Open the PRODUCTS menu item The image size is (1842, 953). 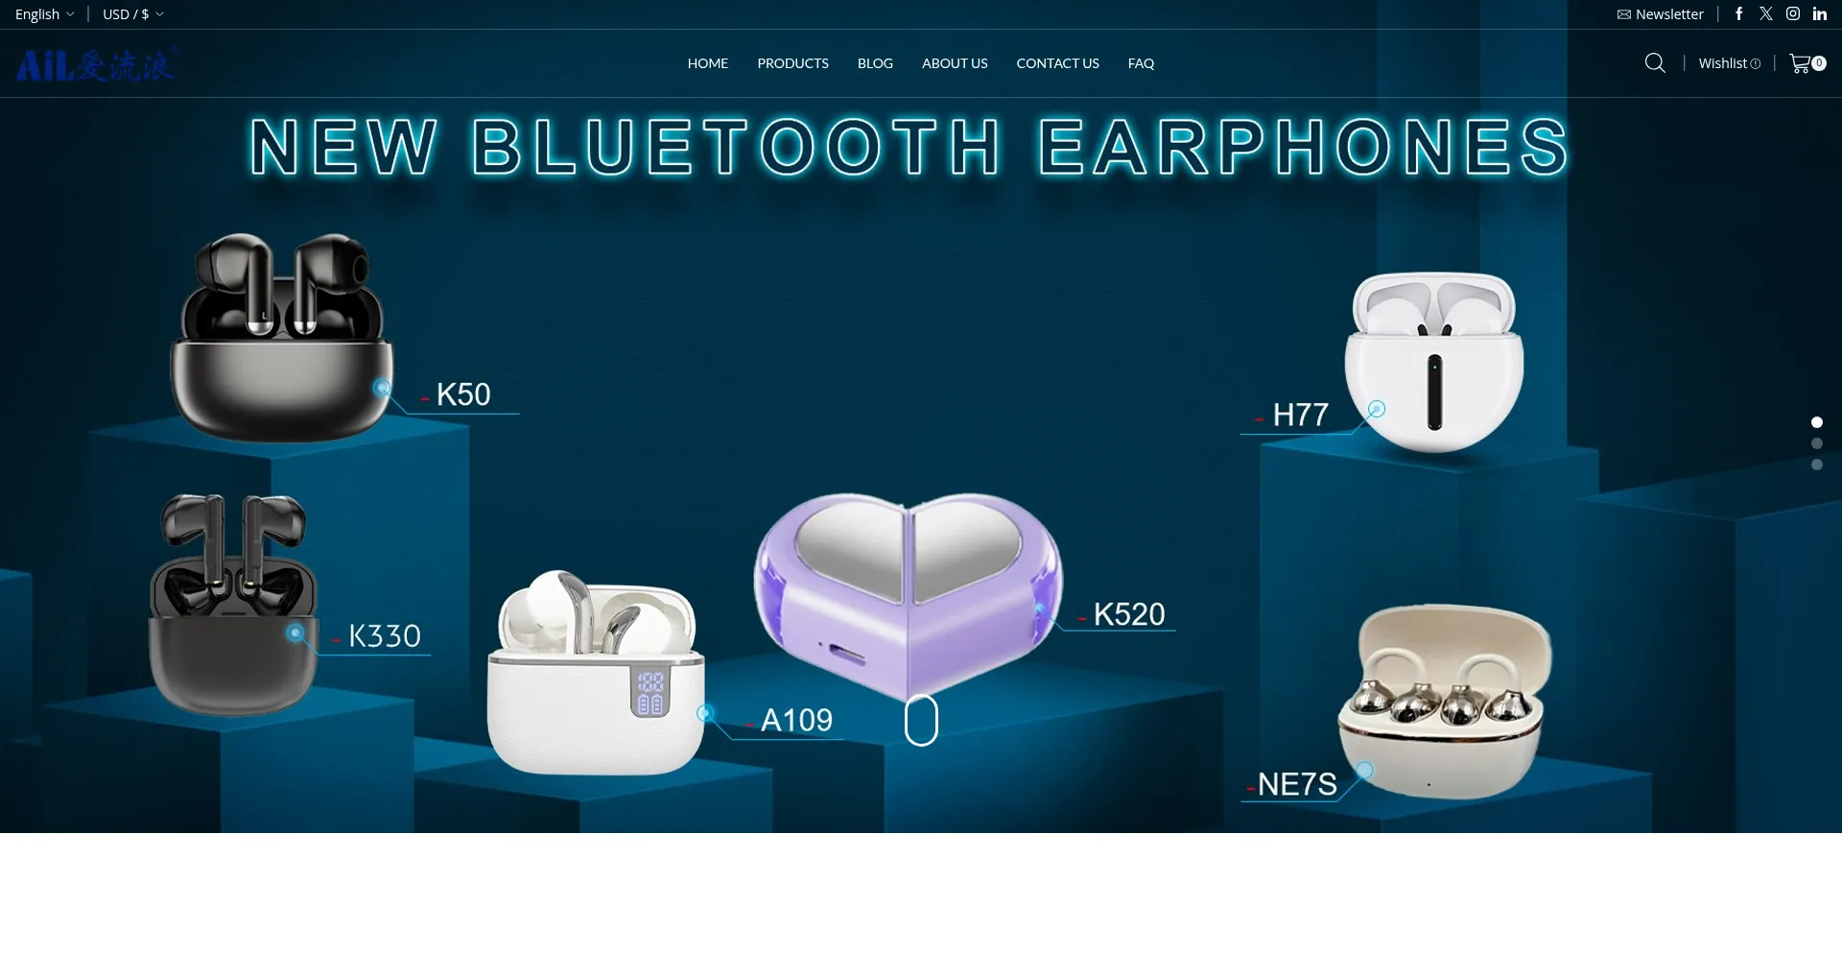click(x=792, y=63)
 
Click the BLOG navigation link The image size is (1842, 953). click(x=875, y=63)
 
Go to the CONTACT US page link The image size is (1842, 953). click(x=1057, y=63)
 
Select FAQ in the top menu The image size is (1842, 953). click(x=1141, y=63)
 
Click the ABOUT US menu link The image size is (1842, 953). click(x=955, y=63)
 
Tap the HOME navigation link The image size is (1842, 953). click(x=708, y=63)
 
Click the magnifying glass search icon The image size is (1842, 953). click(x=1655, y=63)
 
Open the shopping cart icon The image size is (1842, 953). click(x=1802, y=63)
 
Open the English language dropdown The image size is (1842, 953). click(x=44, y=14)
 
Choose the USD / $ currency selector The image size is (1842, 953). click(x=132, y=14)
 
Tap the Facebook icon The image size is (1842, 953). click(x=1738, y=13)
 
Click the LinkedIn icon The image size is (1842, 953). click(x=1820, y=13)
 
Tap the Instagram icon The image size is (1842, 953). click(x=1793, y=13)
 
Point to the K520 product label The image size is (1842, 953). click(x=1129, y=614)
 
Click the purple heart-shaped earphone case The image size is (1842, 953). click(x=909, y=590)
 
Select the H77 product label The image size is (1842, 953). click(x=1300, y=415)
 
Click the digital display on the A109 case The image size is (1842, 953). click(x=650, y=693)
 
